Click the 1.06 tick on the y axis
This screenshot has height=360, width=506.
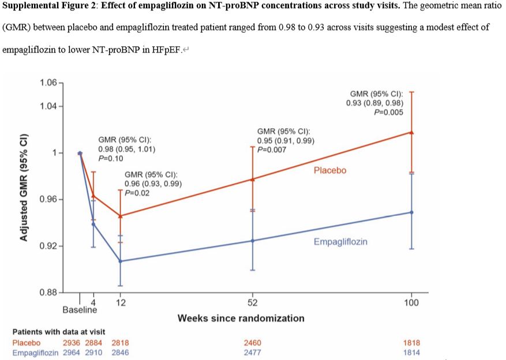pyautogui.click(x=48, y=83)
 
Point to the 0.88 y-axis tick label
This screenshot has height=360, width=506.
pyautogui.click(x=48, y=292)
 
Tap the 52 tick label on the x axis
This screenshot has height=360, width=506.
pyautogui.click(x=252, y=303)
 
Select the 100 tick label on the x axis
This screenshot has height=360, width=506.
pyautogui.click(x=411, y=303)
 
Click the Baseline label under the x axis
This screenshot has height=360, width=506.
pyautogui.click(x=80, y=310)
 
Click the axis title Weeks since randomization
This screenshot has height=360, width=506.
pyautogui.click(x=241, y=318)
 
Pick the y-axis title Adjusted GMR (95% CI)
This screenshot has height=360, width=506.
pyautogui.click(x=24, y=188)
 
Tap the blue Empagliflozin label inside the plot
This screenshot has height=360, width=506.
pyautogui.click(x=340, y=242)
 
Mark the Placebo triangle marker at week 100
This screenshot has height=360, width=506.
pyautogui.click(x=411, y=132)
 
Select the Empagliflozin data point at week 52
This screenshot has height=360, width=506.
pyautogui.click(x=252, y=241)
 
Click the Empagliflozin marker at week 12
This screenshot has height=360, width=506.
pyautogui.click(x=120, y=261)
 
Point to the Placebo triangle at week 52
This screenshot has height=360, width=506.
pyautogui.click(x=252, y=179)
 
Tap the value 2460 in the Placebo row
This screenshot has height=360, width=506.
pyautogui.click(x=252, y=343)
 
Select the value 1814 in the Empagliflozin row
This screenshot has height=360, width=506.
pyautogui.click(x=411, y=352)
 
